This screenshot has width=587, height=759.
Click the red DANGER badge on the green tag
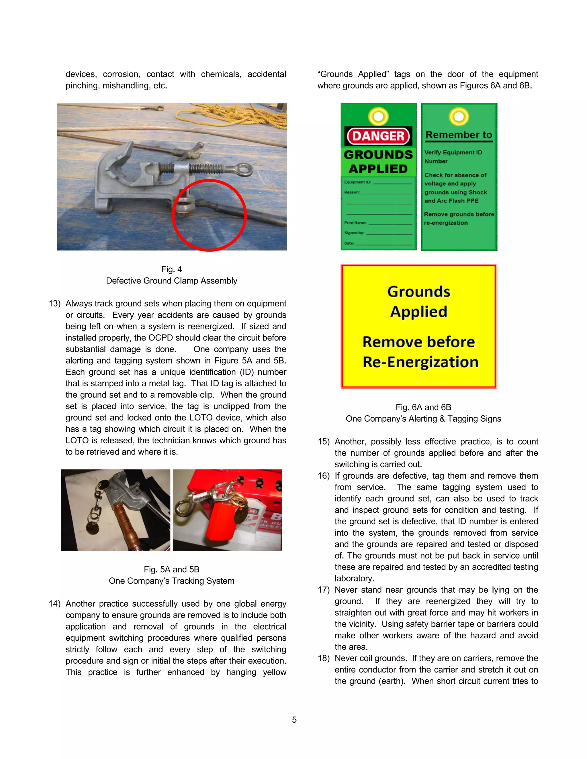378,136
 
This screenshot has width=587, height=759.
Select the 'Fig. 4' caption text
171,269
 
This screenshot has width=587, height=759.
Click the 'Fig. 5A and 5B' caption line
171,569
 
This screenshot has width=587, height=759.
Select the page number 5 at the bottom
294,720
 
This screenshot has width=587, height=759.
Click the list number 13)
54,303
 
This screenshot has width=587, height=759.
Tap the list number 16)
323,476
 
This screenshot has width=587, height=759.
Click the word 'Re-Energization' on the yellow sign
420,362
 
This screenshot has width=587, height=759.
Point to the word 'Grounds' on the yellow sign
419,292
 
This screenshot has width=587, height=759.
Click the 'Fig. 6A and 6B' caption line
423,407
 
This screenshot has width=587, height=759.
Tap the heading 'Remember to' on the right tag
459,135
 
